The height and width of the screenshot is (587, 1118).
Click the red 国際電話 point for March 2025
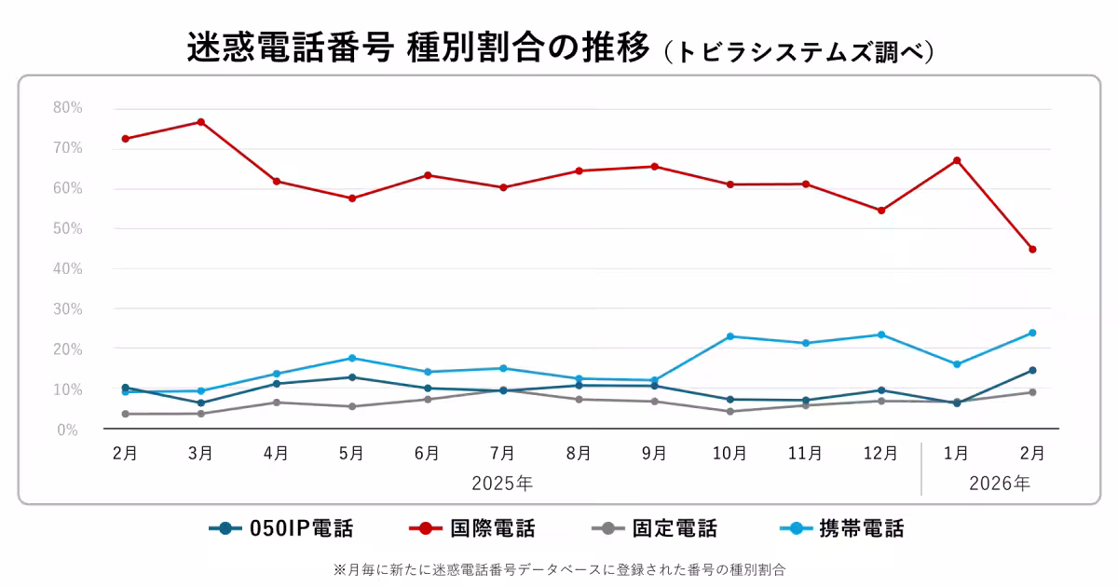[x=200, y=122]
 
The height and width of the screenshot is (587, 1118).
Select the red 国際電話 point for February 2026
[x=1032, y=249]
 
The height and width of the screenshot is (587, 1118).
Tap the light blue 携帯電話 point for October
[x=729, y=336]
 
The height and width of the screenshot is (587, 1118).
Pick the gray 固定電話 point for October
[x=729, y=411]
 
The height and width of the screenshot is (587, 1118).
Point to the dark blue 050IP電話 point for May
[x=352, y=377]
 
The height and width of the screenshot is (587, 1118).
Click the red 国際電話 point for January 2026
[x=957, y=160]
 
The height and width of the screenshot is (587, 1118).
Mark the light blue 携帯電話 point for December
[x=881, y=334]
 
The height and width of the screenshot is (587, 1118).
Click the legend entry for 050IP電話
[x=281, y=529]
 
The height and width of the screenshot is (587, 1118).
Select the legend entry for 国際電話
[x=472, y=529]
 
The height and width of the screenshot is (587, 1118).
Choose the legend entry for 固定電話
[x=654, y=529]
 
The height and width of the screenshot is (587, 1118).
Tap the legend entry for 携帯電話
[x=840, y=529]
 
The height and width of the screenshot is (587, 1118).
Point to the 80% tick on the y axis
[x=67, y=108]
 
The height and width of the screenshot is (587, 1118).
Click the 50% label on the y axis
[x=67, y=228]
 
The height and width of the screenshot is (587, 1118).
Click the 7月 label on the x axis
[x=503, y=454]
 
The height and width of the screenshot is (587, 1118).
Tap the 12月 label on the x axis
[x=881, y=454]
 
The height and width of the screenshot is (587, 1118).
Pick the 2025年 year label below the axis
[x=503, y=484]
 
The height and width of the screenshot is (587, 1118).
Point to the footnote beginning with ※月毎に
[x=559, y=568]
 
